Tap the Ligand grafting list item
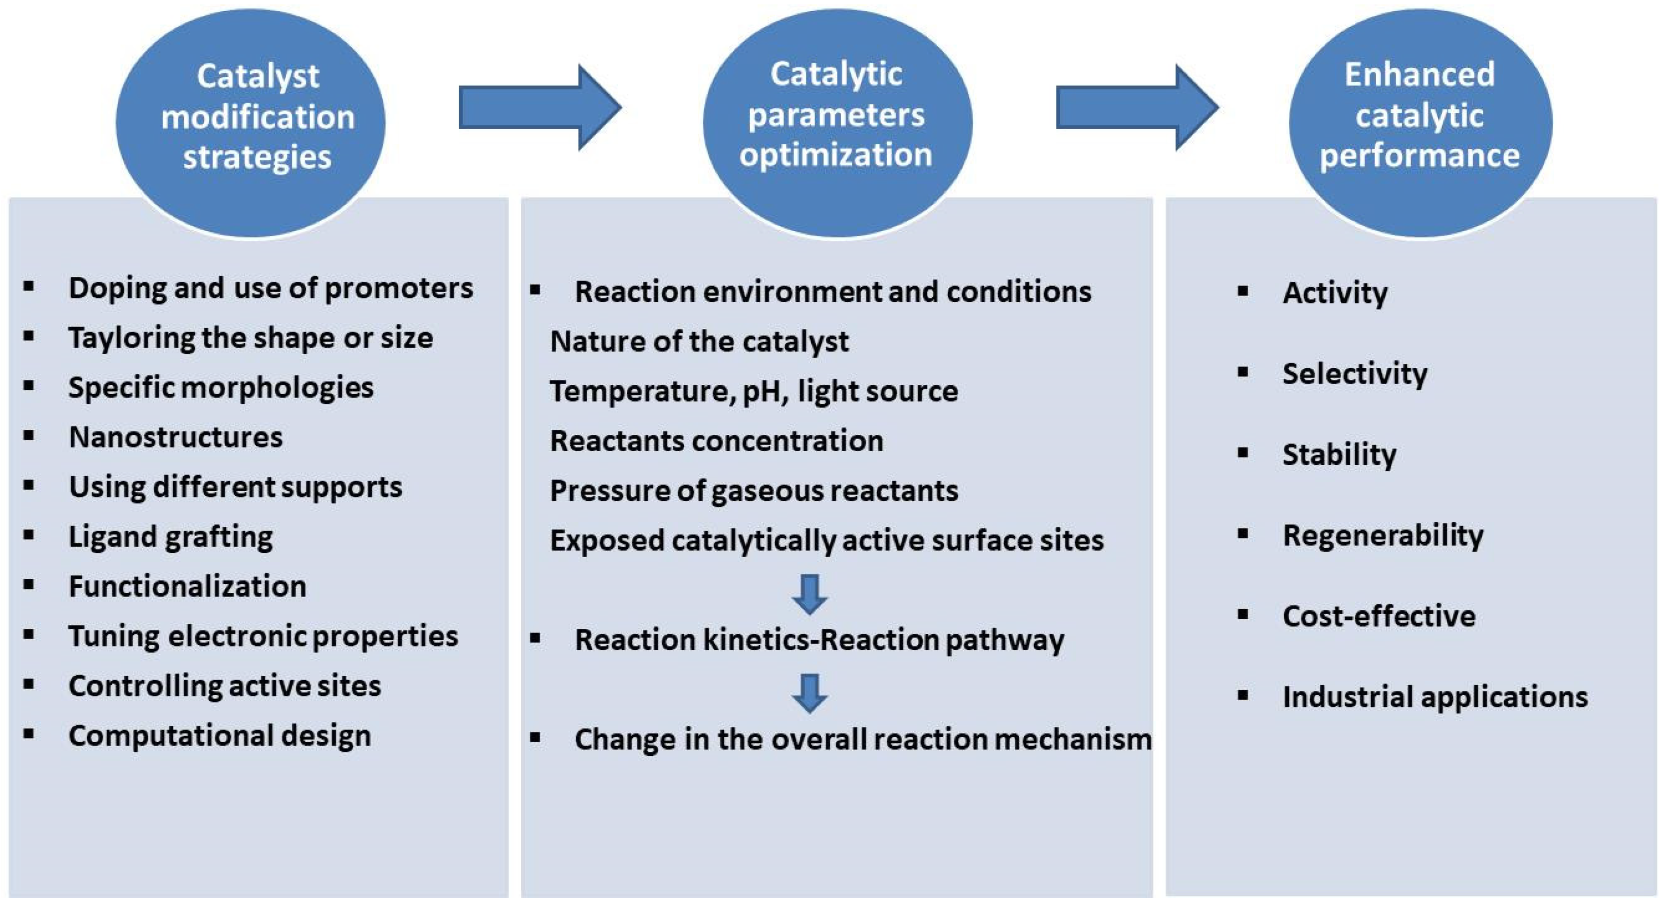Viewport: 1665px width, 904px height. pos(171,537)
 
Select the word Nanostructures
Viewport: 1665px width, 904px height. pos(175,438)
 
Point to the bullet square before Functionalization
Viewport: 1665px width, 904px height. pos(28,585)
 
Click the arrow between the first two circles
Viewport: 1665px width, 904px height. pos(539,107)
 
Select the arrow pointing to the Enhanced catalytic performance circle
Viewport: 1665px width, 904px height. pos(1136,107)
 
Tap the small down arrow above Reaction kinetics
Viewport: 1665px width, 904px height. pos(809,593)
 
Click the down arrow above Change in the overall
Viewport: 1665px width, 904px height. pos(809,692)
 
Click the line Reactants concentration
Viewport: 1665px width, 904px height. pos(716,441)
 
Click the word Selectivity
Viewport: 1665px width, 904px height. pos(1355,374)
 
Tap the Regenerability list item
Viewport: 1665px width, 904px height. pos(1383,536)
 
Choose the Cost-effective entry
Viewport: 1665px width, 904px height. pos(1379,616)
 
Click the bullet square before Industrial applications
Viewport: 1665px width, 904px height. pos(1242,696)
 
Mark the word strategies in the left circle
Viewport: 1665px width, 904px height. pos(257,157)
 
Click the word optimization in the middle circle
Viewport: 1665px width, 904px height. pos(836,155)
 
